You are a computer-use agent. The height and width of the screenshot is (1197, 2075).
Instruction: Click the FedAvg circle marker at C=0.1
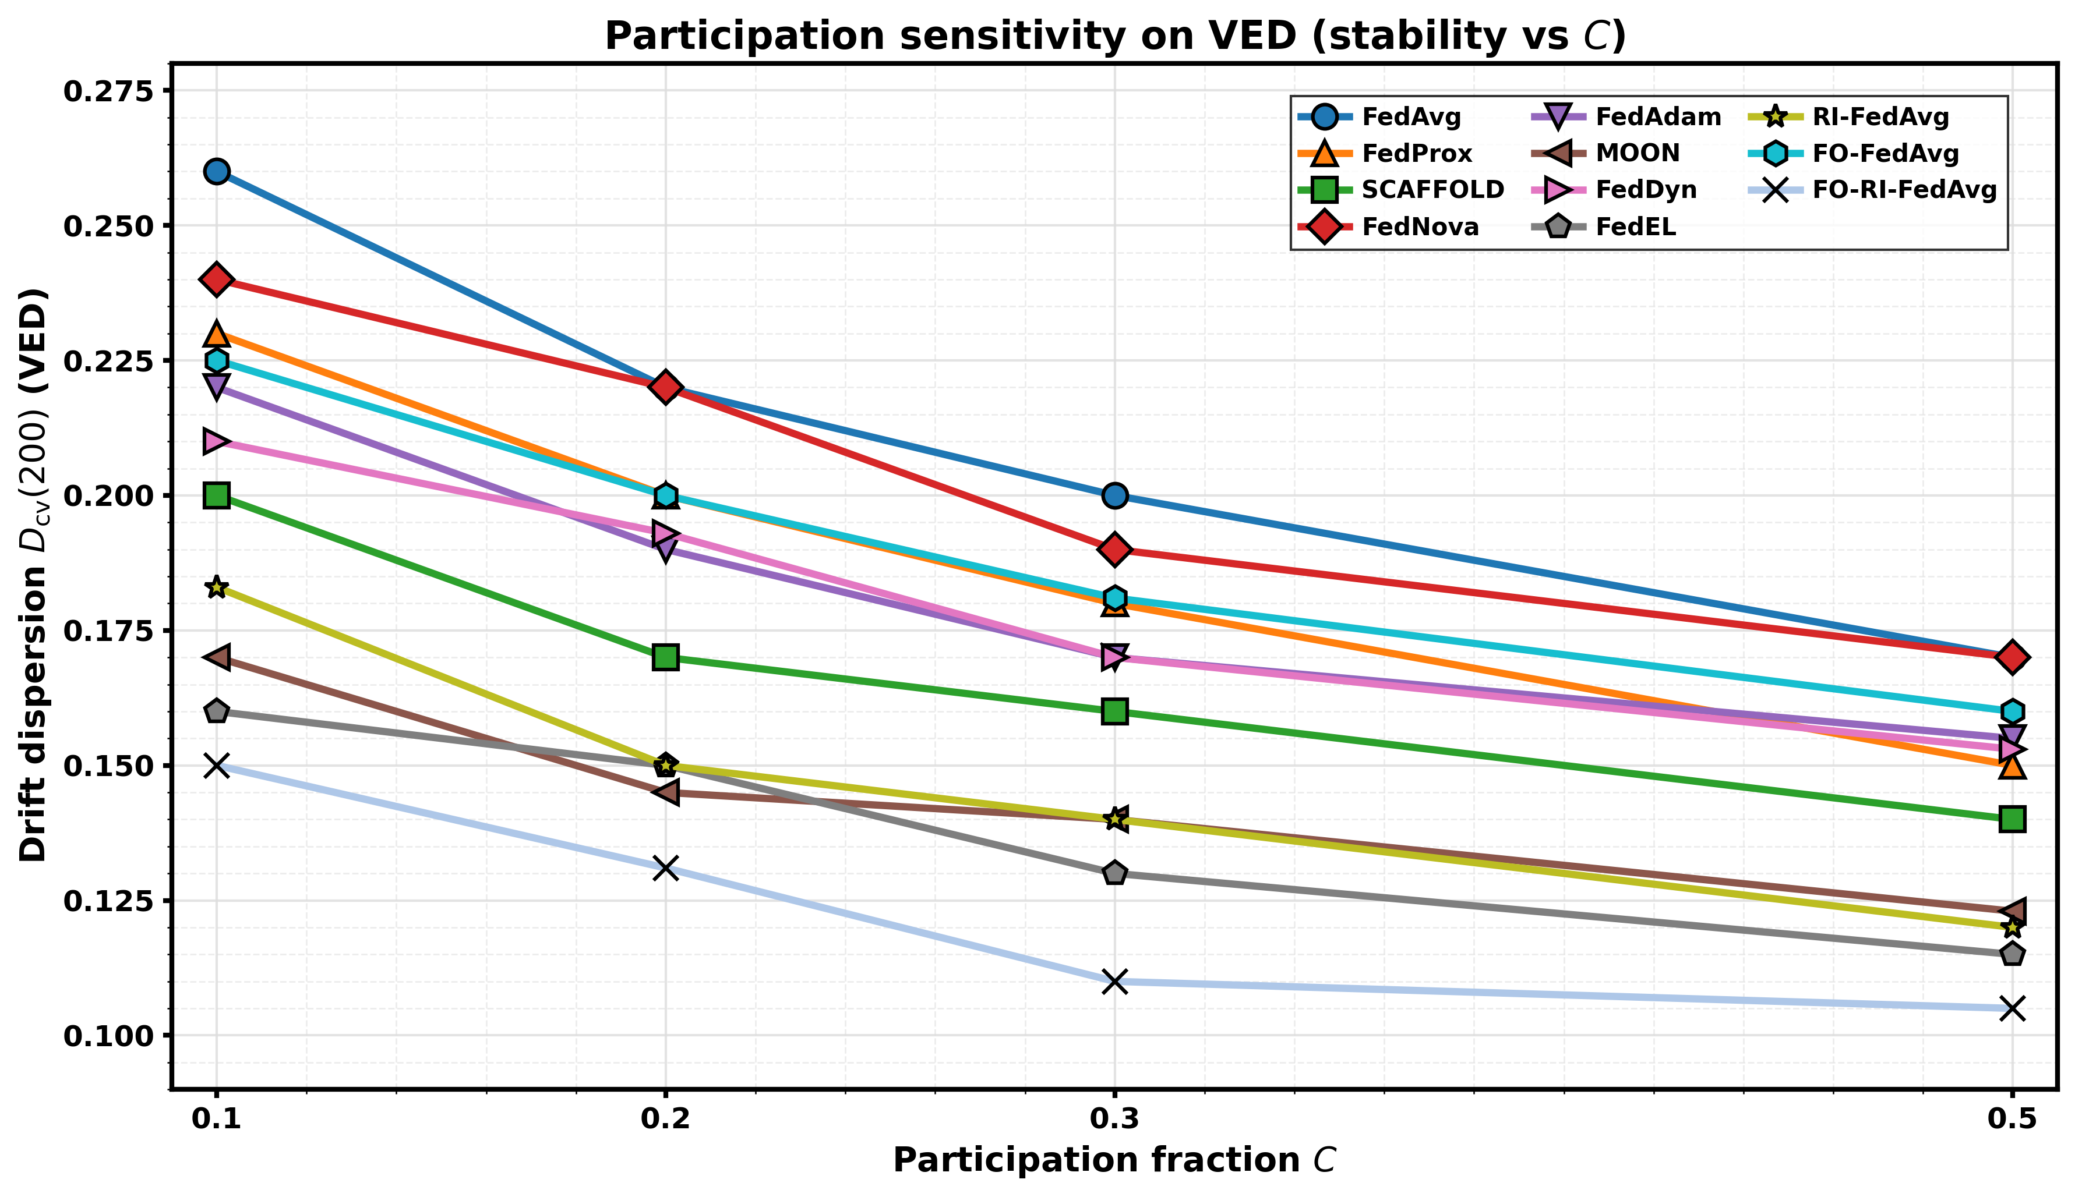point(216,171)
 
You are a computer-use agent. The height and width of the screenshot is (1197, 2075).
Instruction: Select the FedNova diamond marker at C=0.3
point(1114,549)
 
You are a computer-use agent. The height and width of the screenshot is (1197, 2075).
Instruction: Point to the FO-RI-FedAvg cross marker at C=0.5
point(2012,1008)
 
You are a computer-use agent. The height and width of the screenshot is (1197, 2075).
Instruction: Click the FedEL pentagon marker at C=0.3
point(1114,873)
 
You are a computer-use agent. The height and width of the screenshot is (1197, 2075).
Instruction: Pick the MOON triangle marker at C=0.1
point(216,657)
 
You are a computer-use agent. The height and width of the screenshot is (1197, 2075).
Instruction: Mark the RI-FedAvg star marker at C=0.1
point(216,587)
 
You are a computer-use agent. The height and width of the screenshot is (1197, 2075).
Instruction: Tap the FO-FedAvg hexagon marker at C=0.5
point(2012,711)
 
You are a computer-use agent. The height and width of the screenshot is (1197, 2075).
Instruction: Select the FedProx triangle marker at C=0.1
point(216,334)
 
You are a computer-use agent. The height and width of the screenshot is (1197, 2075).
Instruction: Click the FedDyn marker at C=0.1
point(216,441)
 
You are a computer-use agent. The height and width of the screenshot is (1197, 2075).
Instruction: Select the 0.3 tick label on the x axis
point(1114,1120)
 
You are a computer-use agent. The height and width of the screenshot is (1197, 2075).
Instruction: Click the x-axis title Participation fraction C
point(1114,1160)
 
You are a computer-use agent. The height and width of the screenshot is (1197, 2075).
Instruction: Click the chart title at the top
point(1114,36)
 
